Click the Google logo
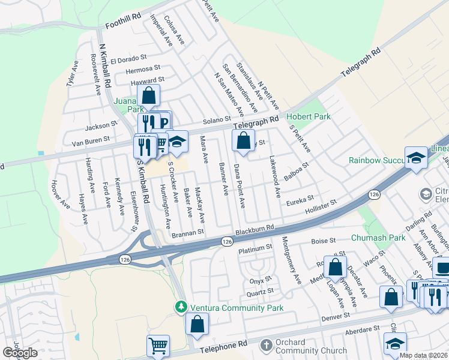20,353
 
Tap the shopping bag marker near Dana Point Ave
243,142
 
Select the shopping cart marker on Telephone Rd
158,345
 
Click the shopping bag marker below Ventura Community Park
197,325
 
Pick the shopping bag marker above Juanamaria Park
148,95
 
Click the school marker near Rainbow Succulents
415,158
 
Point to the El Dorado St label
128,59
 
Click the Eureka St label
300,198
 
